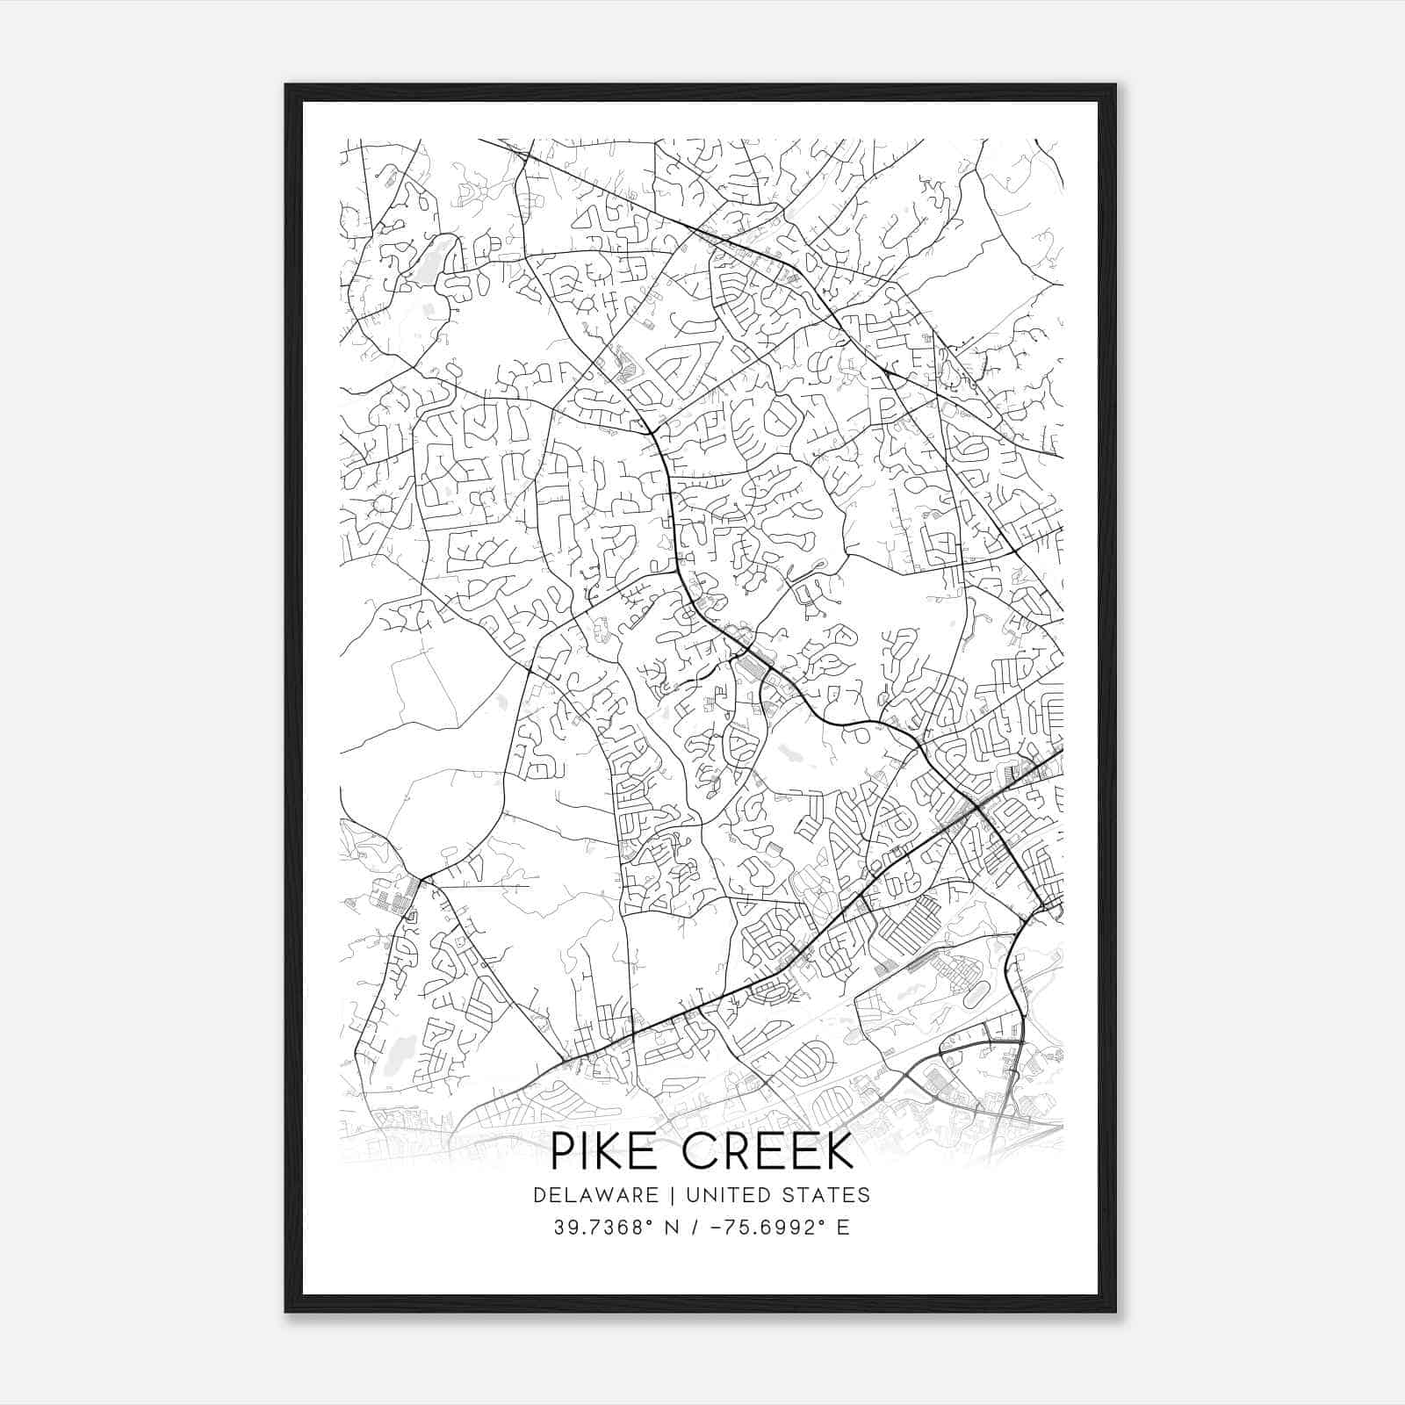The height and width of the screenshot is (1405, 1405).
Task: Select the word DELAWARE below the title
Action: tap(594, 1194)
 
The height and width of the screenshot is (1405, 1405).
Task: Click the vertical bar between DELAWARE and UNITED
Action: tap(672, 1194)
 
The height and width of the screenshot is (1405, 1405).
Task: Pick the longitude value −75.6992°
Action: tap(767, 1228)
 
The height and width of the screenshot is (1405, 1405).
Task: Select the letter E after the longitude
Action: tap(843, 1228)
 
